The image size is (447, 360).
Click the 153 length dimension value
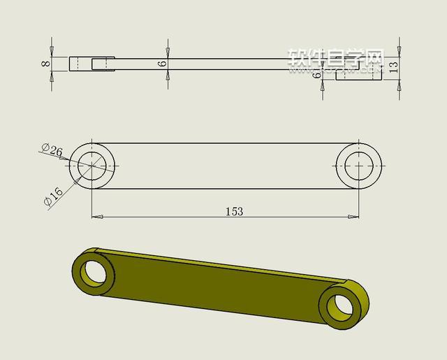coord(235,210)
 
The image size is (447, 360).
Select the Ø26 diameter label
coord(52,150)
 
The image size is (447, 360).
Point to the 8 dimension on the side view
coord(45,64)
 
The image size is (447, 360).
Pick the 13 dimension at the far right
coord(393,67)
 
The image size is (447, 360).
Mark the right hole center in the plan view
coord(359,166)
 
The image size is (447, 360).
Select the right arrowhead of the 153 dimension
coord(354,217)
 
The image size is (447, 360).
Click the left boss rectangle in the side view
coord(91,64)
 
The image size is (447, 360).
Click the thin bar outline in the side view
coord(223,64)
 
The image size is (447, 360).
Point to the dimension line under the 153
coord(175,217)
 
